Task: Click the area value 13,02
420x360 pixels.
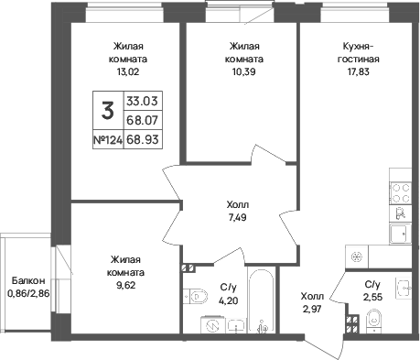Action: pos(127,71)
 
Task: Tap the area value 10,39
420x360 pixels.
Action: pos(243,71)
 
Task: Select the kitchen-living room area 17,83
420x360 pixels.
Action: pos(358,71)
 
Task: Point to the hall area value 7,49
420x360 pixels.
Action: pos(237,217)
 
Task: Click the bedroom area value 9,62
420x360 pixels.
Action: pos(125,285)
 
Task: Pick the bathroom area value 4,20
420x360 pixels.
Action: pos(229,300)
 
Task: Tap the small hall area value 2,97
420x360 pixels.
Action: pos(312,309)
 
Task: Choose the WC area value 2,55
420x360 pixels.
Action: pos(372,297)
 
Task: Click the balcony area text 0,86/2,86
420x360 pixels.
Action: pos(28,294)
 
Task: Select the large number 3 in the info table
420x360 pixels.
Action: pos(108,111)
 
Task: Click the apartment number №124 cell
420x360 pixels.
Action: pos(108,140)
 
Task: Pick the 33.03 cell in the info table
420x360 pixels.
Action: pos(143,101)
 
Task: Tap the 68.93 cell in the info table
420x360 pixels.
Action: pos(143,140)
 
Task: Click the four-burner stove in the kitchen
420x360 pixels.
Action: pos(401,193)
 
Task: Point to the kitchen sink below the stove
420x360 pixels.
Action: pos(401,234)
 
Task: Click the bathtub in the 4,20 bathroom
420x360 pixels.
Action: pos(262,300)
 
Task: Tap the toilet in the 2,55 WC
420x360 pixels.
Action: pos(373,320)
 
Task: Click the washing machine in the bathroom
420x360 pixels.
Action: pos(212,324)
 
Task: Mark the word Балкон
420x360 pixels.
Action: pos(28,280)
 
